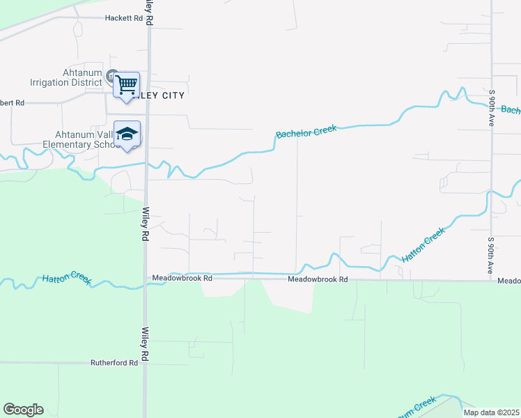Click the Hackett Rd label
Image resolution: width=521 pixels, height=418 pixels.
123,18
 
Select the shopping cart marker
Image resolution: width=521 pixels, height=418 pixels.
126,86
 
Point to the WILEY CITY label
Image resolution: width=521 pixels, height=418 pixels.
163,95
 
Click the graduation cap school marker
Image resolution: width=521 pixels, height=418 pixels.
127,134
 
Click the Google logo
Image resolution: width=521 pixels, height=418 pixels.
23,410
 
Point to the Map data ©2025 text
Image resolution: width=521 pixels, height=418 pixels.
491,412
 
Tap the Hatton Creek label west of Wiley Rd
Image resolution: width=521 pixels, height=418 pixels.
66,278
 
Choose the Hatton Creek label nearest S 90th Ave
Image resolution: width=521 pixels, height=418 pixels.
423,246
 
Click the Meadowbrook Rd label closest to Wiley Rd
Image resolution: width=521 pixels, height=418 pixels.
182,278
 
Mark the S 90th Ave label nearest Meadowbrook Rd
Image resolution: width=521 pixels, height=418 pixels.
491,255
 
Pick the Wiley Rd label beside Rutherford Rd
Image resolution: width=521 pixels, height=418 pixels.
146,344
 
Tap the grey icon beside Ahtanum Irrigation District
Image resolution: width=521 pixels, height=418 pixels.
111,73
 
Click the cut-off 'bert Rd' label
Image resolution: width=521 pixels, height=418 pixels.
12,102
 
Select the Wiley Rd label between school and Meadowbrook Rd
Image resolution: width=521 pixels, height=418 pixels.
146,224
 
